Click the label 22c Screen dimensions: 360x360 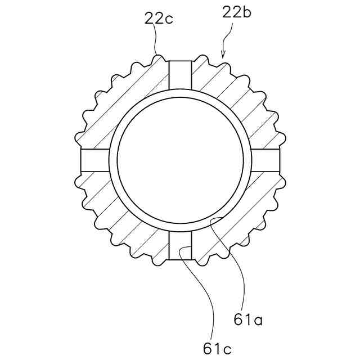(x=159, y=19)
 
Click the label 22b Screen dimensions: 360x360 (x=237, y=12)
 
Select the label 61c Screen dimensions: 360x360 (x=217, y=349)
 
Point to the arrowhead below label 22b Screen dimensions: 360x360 (x=223, y=55)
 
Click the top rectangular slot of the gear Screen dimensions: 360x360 (x=180, y=75)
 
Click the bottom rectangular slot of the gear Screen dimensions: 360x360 (x=180, y=245)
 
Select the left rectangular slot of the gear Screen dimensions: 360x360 (x=95, y=160)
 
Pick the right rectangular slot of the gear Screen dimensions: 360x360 (x=265, y=160)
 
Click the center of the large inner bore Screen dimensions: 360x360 (x=180, y=160)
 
